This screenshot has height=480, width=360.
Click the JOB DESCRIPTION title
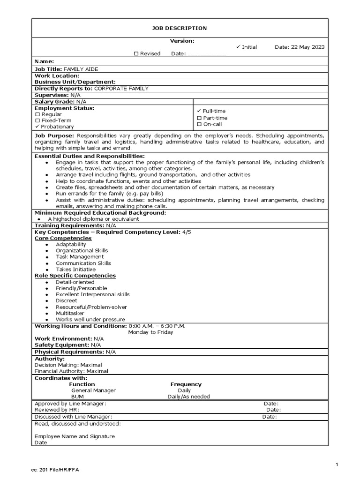(180, 28)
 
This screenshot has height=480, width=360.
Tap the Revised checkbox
(136, 53)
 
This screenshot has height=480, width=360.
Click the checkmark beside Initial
(238, 47)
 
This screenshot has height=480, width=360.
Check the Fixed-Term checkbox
(37, 120)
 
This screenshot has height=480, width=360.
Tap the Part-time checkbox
(199, 118)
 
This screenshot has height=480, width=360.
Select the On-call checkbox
(199, 124)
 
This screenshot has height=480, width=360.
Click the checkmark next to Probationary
(37, 127)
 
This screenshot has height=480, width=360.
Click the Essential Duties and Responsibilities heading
(90, 156)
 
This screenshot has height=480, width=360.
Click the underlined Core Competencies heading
(63, 238)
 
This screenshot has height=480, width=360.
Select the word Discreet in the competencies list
(67, 300)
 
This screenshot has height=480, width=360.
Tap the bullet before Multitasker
(47, 313)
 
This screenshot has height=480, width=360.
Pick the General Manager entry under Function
(93, 390)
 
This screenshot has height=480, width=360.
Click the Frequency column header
(186, 384)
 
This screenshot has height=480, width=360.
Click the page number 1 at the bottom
(337, 464)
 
